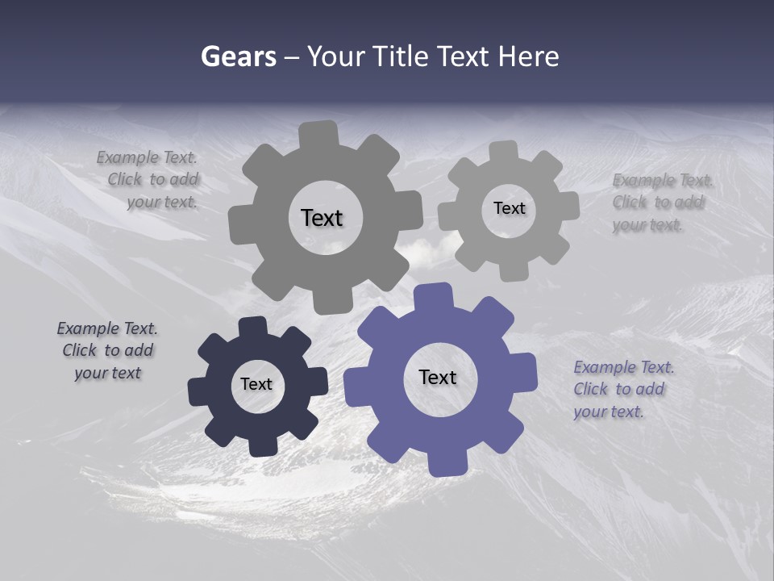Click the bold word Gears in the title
[238, 56]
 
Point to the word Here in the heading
[528, 56]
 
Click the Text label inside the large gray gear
[322, 218]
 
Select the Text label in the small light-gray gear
[509, 208]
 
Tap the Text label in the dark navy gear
[256, 384]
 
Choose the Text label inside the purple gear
[438, 377]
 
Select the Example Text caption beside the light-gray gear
[661, 202]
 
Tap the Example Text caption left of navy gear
[107, 350]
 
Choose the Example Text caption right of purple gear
[622, 389]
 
